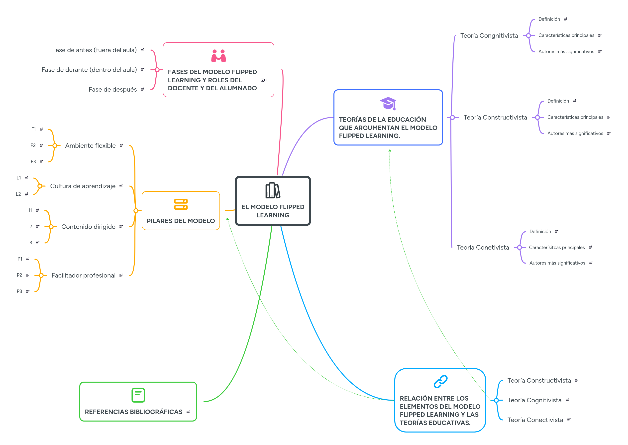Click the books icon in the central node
[273, 190]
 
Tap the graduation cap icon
[388, 103]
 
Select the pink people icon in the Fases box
[218, 56]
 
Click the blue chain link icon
[440, 381]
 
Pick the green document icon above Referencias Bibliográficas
[138, 395]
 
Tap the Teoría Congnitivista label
[489, 36]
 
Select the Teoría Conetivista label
[483, 247]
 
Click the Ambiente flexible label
[90, 146]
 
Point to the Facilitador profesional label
[83, 275]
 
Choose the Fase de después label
[112, 90]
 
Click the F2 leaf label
[33, 146]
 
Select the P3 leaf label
[19, 291]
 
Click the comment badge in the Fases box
[264, 80]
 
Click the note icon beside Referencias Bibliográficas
[188, 412]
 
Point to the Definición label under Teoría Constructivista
[558, 101]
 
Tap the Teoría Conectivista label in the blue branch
[535, 420]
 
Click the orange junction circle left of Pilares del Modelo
[136, 211]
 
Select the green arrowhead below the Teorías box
[390, 150]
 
